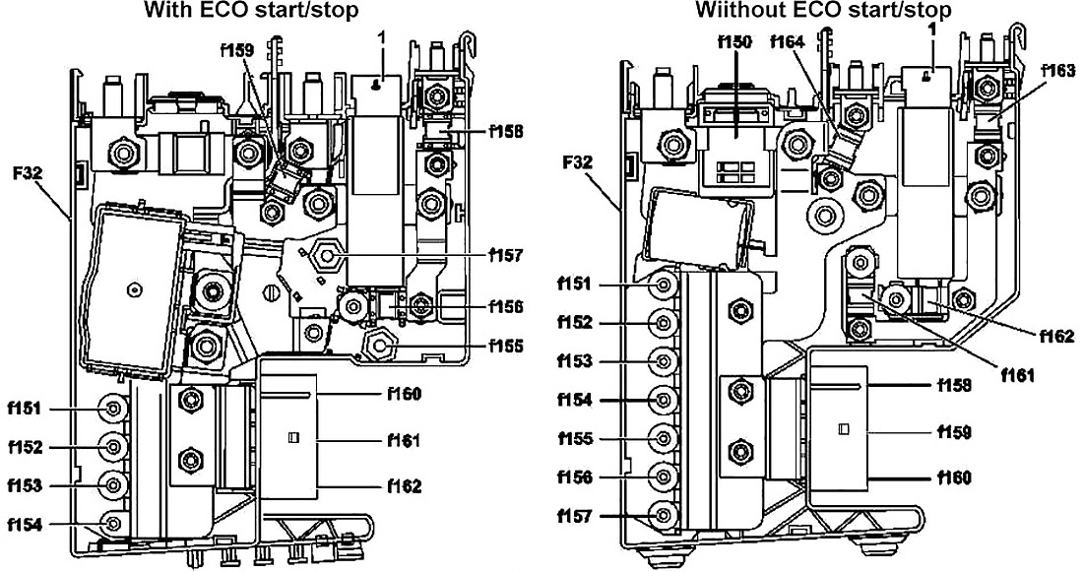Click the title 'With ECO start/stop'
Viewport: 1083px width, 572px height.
pos(251,10)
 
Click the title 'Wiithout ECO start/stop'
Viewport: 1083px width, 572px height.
pos(823,10)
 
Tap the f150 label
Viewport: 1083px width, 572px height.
pos(734,42)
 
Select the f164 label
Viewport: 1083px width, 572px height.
pos(787,42)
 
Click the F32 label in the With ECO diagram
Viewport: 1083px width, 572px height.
pos(28,172)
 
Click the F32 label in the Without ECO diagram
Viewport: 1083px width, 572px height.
pos(577,163)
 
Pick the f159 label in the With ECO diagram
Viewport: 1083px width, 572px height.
pos(237,50)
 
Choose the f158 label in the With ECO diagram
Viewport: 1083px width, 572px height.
pos(505,130)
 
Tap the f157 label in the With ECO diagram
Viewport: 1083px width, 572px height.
pos(505,256)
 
